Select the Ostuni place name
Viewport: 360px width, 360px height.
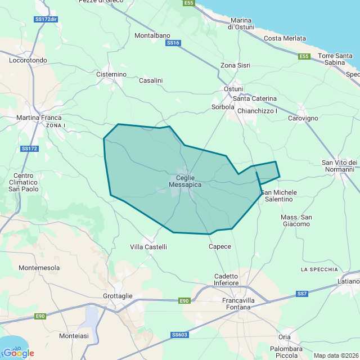pos(233,89)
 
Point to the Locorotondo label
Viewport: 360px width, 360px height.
pos(29,60)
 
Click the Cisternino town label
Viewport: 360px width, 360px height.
pos(111,74)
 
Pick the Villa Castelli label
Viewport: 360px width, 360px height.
pos(148,247)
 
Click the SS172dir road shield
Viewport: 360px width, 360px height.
pos(46,19)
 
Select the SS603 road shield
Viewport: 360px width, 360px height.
pos(179,335)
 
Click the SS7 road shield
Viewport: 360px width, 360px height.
pos(303,294)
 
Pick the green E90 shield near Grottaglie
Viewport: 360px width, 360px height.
pos(184,301)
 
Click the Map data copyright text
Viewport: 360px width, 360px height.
pos(335,355)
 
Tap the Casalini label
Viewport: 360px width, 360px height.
pos(151,80)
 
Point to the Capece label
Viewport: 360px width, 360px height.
pos(219,247)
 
